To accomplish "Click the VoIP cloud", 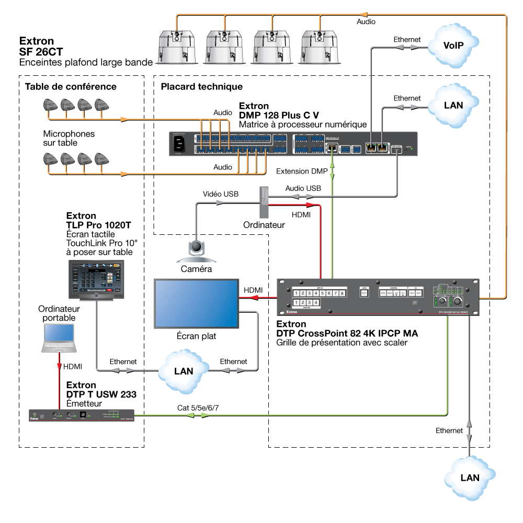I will click(453, 46).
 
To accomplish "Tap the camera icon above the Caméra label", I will click(197, 249).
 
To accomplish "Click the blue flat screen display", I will click(196, 304).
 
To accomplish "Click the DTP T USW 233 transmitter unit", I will click(81, 416).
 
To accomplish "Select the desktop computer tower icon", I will click(264, 202).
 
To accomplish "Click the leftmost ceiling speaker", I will click(176, 47).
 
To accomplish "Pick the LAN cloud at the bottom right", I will click(469, 477).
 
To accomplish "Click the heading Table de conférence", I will click(67, 86).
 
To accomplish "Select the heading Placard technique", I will click(201, 86).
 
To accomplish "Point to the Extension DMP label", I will click(302, 171).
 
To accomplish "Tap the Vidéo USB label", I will click(220, 194).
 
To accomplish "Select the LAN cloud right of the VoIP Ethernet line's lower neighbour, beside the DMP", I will click(453, 105).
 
